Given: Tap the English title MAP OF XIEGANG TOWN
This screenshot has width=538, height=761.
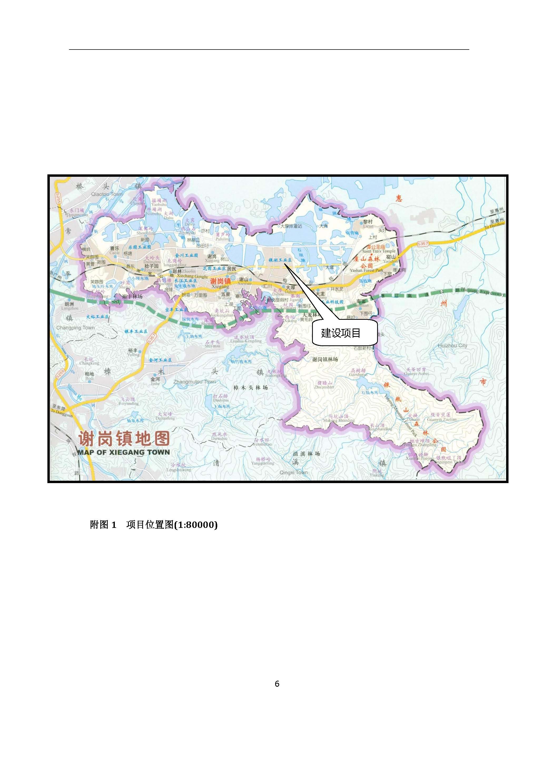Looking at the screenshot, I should tap(124, 452).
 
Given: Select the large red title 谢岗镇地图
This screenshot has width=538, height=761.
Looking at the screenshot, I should tap(124, 439).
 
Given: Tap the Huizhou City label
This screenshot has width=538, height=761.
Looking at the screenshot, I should tap(452, 345).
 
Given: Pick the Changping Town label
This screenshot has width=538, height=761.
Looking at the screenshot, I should tap(75, 328).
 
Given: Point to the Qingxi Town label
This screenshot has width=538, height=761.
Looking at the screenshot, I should tap(294, 472).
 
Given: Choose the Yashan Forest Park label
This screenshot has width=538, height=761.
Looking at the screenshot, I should tap(366, 270).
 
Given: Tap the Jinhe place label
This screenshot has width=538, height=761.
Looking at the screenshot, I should tap(155, 384).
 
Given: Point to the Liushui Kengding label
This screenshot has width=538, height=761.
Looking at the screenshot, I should tap(246, 341).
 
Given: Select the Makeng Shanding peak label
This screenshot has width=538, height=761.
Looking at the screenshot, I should tap(339, 420).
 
